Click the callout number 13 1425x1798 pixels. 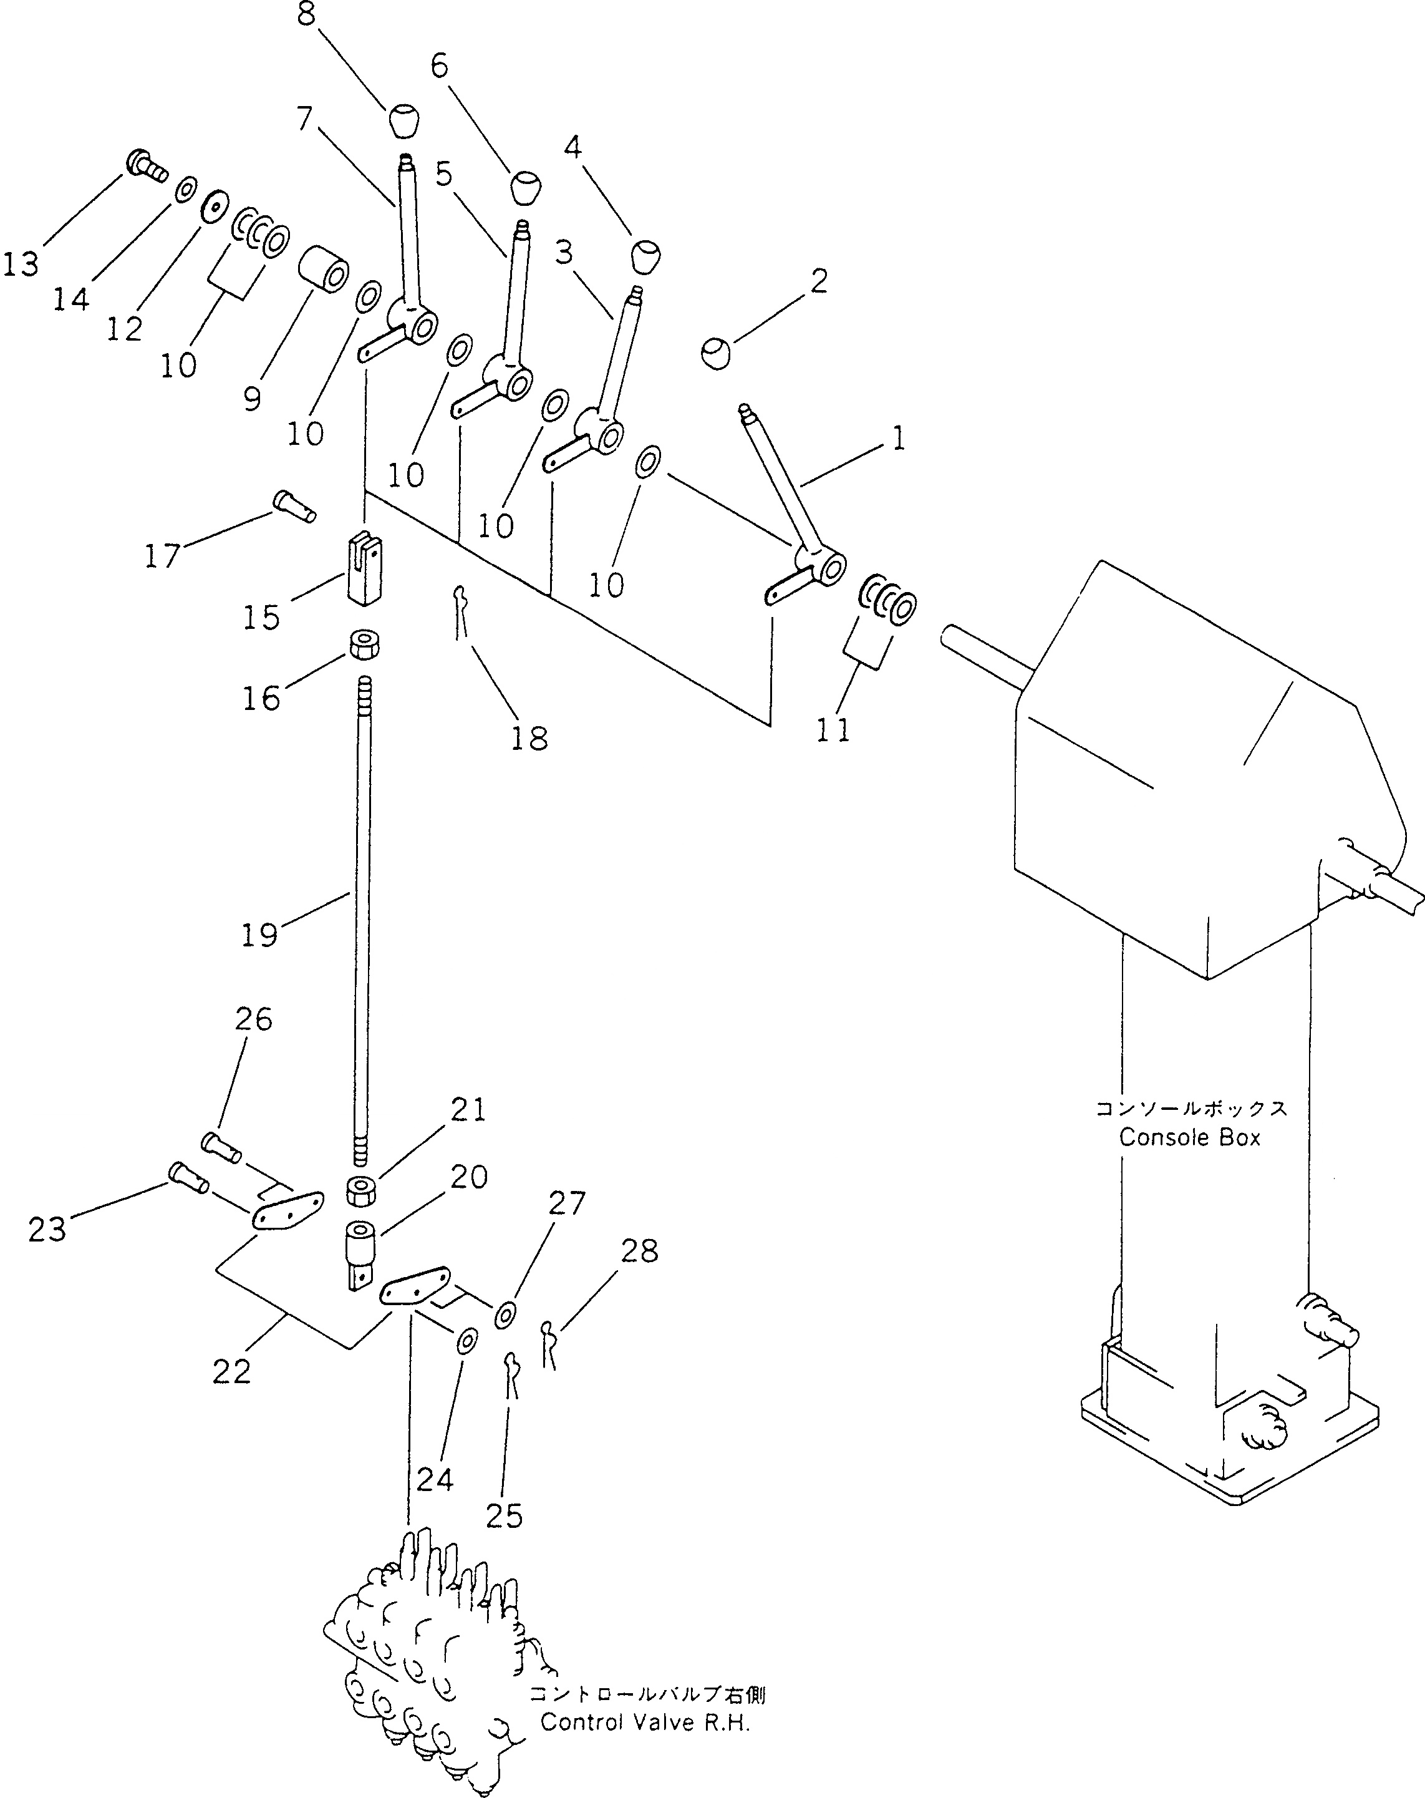(21, 265)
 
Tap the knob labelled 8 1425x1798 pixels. (403, 121)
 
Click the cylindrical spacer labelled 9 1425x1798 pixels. (324, 268)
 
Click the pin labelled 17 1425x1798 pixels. (294, 505)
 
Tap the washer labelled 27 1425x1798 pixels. (505, 1315)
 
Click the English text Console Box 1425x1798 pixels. (1189, 1137)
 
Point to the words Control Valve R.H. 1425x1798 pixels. (645, 1722)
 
